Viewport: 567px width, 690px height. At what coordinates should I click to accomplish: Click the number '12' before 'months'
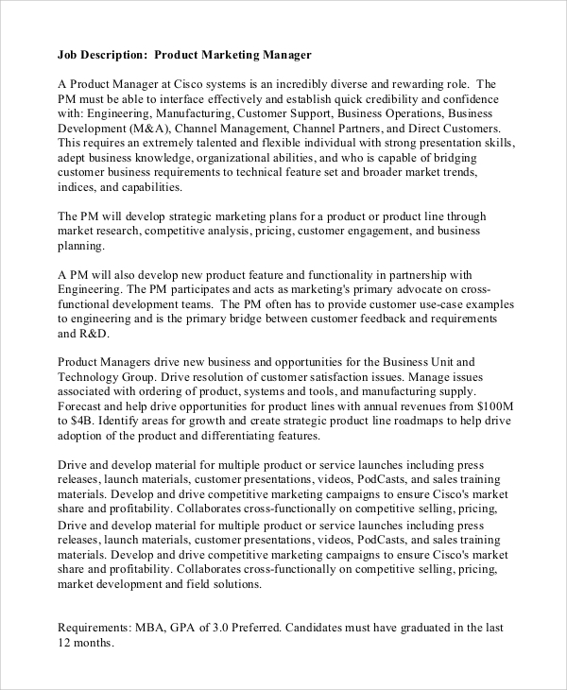65,643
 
